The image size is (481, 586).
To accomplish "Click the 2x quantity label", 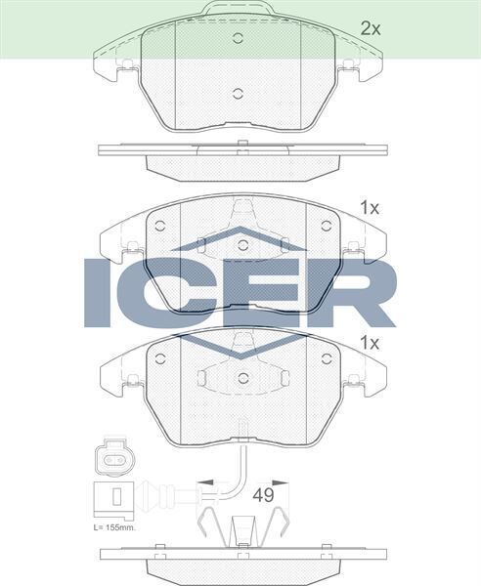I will pos(370,28).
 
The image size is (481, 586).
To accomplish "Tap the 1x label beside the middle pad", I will pos(369,207).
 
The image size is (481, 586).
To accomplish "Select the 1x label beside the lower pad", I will pos(369,343).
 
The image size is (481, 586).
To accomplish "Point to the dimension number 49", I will pos(262,495).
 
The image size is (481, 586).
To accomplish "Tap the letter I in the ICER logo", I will pos(101,291).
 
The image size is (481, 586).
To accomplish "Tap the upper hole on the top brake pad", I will pos(239,40).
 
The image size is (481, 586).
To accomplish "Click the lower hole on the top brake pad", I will pos(239,95).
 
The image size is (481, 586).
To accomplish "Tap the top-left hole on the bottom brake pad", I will pos(160,358).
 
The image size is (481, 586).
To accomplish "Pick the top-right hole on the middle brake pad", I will pos(326,225).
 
